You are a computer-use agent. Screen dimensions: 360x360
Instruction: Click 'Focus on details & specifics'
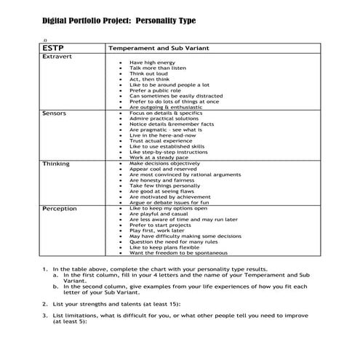[x=166, y=114]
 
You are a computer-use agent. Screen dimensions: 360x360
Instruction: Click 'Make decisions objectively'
[x=164, y=164]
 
